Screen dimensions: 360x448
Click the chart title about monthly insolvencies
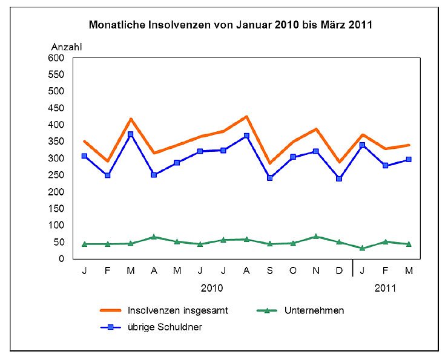pos(230,25)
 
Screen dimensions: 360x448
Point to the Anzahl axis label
pos(66,46)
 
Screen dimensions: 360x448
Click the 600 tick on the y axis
pos(56,58)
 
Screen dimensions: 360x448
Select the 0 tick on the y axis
pos(61,259)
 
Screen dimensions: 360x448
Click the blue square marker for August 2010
pos(246,136)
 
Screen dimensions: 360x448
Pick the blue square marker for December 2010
pos(339,178)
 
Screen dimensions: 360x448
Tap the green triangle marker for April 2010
pos(154,237)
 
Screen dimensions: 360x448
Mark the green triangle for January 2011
pos(362,248)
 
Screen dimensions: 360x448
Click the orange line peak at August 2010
pos(246,116)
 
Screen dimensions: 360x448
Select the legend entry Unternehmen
pos(314,310)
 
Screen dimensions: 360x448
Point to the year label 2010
pos(211,288)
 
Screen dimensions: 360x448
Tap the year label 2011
pos(385,288)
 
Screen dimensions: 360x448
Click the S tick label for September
pos(269,271)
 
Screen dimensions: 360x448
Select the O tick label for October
pos(292,271)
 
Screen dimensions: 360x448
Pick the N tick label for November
pos(315,271)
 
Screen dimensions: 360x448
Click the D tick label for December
pos(339,271)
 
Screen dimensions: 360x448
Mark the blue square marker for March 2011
pos(409,159)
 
